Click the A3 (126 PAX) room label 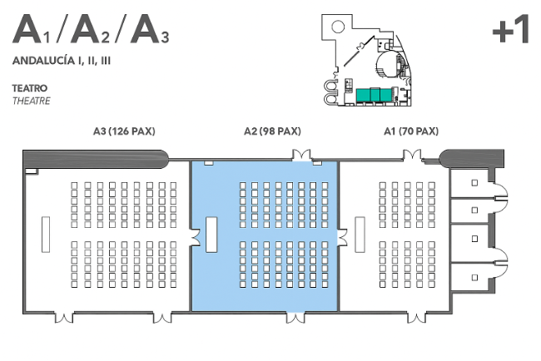(124, 131)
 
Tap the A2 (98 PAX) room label (272, 131)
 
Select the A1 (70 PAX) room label (411, 131)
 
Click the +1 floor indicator (511, 29)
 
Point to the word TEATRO (30, 88)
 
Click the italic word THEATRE (32, 101)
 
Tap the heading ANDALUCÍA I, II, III (62, 61)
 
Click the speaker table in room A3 (46, 235)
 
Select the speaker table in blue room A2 (211, 235)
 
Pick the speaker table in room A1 (360, 235)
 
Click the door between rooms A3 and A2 (195, 237)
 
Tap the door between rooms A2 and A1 (342, 237)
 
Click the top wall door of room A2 (301, 156)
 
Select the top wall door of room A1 (412, 156)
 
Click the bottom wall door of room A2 (295, 318)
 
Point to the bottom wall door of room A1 (417, 318)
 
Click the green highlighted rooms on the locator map (374, 95)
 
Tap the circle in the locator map (338, 27)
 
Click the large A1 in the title (31, 29)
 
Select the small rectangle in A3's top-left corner (32, 171)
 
